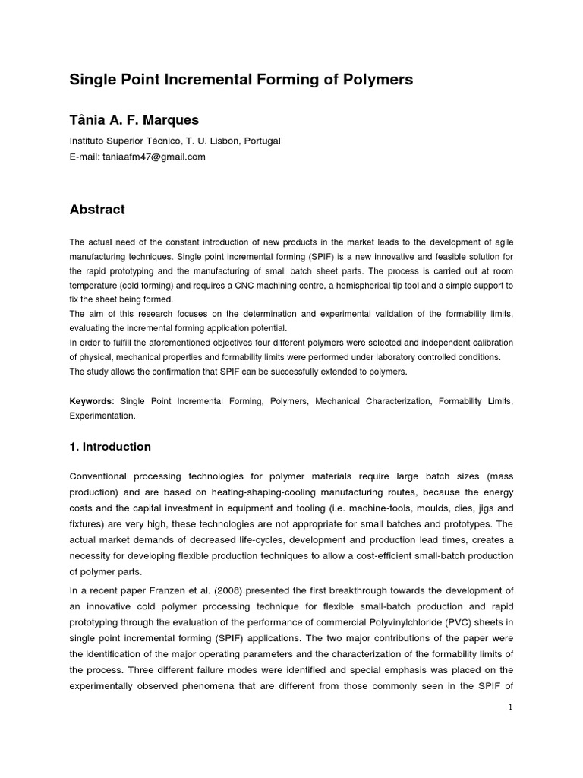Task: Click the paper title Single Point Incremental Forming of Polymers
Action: (x=241, y=80)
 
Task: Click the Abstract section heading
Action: (x=97, y=209)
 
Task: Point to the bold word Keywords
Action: (x=90, y=400)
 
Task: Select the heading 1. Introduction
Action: (x=110, y=447)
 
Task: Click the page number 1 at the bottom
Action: (x=511, y=707)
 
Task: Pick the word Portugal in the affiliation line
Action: (x=260, y=141)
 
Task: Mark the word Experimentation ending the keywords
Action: (x=102, y=416)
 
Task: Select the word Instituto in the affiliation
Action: (x=90, y=141)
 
